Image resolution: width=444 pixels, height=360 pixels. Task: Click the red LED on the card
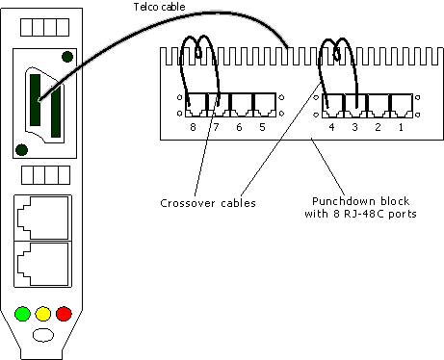point(65,314)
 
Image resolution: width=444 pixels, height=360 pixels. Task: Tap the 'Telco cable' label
point(159,9)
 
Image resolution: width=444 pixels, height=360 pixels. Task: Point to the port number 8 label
point(193,127)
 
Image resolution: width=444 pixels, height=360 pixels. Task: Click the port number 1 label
point(400,127)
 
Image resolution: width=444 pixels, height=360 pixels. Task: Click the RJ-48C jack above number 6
point(238,104)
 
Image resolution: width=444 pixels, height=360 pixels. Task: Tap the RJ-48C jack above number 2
point(377,104)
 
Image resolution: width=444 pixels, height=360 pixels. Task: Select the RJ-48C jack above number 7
point(216,104)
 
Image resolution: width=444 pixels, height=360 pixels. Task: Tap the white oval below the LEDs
point(43,337)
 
